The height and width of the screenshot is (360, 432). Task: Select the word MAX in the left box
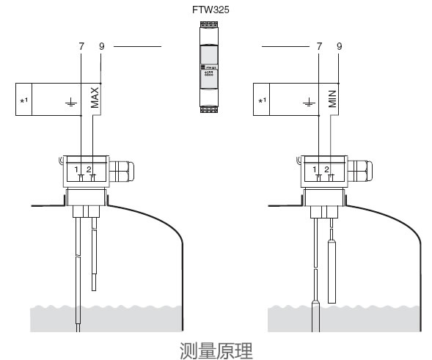point(95,97)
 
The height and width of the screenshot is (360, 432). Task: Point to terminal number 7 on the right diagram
point(318,46)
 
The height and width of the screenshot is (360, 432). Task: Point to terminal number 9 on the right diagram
point(339,46)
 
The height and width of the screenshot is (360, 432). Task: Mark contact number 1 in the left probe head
point(78,170)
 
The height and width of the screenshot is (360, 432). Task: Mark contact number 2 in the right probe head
point(327,170)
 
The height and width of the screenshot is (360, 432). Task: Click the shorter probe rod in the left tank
point(93,257)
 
